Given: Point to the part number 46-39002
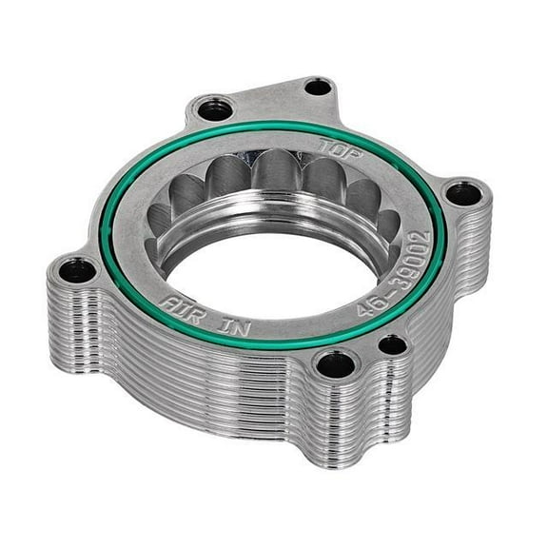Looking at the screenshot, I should (398, 267).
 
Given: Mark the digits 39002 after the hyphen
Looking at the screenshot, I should (407, 253).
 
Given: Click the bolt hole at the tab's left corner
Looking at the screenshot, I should (211, 108).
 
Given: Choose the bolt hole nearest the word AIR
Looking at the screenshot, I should (76, 271).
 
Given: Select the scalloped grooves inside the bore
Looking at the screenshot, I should (276, 186).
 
